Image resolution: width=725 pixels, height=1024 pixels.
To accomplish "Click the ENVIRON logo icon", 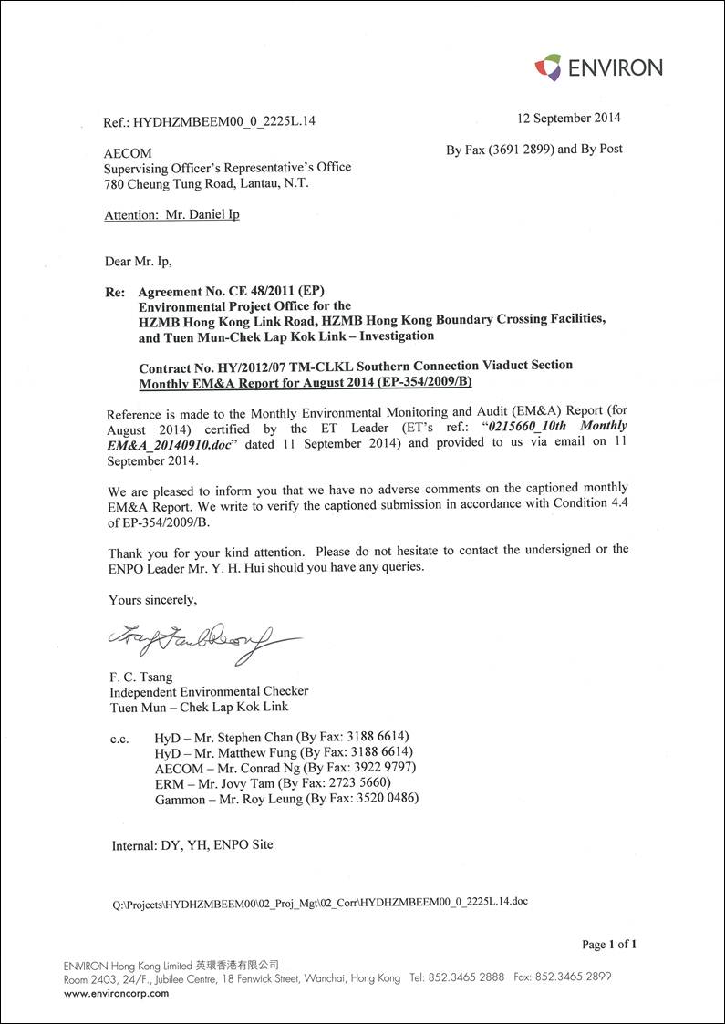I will (x=547, y=67).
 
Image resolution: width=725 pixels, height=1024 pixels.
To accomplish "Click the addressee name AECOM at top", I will (x=128, y=153).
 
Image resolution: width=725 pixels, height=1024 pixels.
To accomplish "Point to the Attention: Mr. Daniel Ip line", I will (x=172, y=215).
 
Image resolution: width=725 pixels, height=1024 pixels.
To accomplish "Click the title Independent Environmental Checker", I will (x=208, y=692).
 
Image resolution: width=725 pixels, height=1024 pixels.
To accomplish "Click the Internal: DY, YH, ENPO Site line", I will (x=192, y=845).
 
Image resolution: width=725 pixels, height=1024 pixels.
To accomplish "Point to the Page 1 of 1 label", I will (x=608, y=945).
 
